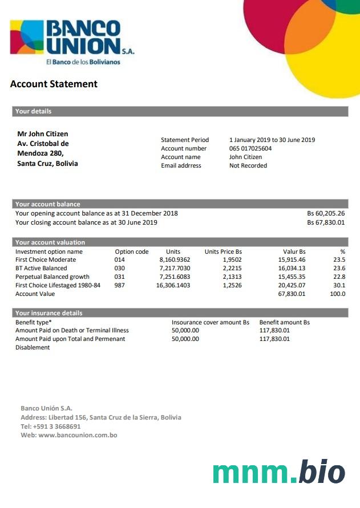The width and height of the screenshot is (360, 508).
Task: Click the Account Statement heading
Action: pyautogui.click(x=54, y=84)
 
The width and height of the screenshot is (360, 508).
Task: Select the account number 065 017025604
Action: pyautogui.click(x=250, y=149)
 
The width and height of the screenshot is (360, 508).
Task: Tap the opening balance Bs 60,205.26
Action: pyautogui.click(x=326, y=214)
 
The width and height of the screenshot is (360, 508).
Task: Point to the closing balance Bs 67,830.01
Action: pyautogui.click(x=326, y=222)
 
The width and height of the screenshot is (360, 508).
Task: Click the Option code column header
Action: pyautogui.click(x=132, y=251)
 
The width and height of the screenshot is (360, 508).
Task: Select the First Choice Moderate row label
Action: pyautogui.click(x=46, y=260)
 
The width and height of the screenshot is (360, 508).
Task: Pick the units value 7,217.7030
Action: pyautogui.click(x=175, y=269)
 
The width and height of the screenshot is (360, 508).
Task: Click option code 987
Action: pyautogui.click(x=120, y=286)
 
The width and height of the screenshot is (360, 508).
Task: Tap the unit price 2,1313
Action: pyautogui.click(x=232, y=277)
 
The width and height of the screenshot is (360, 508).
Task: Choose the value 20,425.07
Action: pyautogui.click(x=292, y=286)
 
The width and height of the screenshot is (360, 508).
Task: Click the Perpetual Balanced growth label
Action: pyautogui.click(x=52, y=277)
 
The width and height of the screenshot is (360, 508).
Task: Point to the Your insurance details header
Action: pyautogui.click(x=49, y=313)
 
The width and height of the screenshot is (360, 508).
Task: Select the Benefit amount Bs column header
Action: pyautogui.click(x=284, y=322)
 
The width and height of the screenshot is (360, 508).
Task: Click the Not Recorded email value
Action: pyautogui.click(x=248, y=166)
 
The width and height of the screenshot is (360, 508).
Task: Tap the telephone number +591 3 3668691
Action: pyautogui.click(x=57, y=426)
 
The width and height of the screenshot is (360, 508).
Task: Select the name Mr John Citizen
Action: pyautogui.click(x=43, y=134)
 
